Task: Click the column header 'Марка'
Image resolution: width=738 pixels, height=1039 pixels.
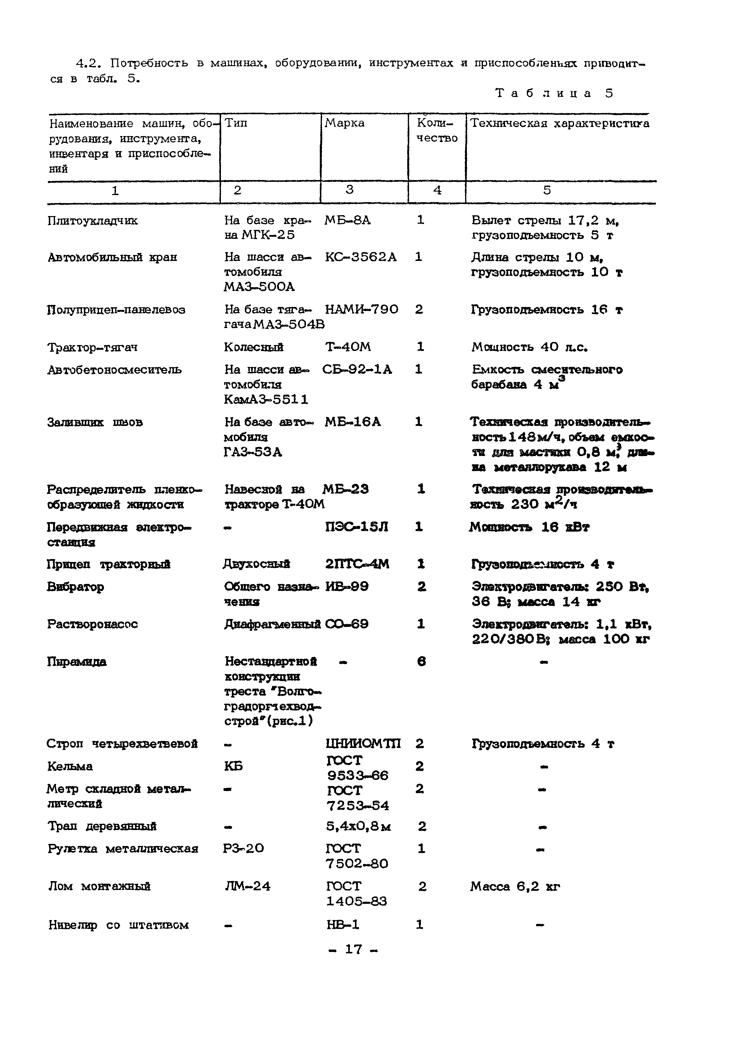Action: [344, 123]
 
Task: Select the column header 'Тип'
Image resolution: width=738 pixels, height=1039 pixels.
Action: [236, 123]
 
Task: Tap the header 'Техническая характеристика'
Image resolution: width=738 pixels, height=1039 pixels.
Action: [559, 123]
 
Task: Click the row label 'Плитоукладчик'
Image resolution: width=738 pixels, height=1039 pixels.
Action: [92, 221]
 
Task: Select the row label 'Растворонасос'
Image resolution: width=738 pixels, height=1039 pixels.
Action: [92, 624]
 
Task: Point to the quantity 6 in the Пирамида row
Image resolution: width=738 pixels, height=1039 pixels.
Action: [421, 662]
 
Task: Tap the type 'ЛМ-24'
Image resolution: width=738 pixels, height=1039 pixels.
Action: [247, 886]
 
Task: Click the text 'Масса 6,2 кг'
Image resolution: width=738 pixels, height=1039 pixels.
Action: [515, 886]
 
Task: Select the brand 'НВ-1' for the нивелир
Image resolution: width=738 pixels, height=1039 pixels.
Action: [343, 925]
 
